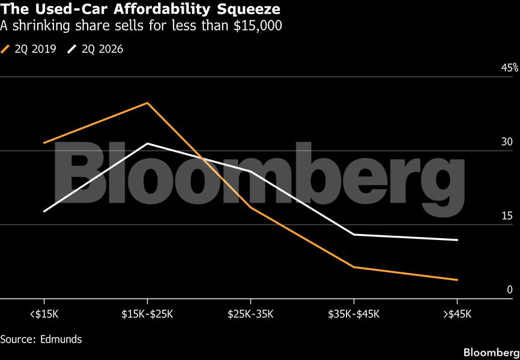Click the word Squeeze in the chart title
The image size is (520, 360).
pos(249,9)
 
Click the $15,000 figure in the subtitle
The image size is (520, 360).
pos(258,26)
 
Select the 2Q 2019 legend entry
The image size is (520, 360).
pos(29,49)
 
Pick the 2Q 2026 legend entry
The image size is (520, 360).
pos(95,49)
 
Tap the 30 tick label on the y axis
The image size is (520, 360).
pos(507,142)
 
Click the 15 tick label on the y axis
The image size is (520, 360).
pos(507,216)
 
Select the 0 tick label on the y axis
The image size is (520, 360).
pos(509,290)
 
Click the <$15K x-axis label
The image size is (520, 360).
pos(44,314)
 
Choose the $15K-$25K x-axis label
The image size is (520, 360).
pos(147,314)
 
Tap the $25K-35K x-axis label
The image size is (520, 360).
pos(250,314)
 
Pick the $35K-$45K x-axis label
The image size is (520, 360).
pos(354,314)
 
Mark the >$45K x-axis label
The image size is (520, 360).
pos(458,314)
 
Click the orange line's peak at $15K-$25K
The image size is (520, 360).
pos(147,103)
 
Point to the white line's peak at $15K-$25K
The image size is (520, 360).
pos(147,143)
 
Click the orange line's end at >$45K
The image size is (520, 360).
pos(458,280)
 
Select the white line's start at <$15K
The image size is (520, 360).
pos(44,211)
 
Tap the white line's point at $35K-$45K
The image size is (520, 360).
pos(354,235)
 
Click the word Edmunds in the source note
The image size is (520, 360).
pos(61,339)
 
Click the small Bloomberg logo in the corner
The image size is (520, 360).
pos(492,352)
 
